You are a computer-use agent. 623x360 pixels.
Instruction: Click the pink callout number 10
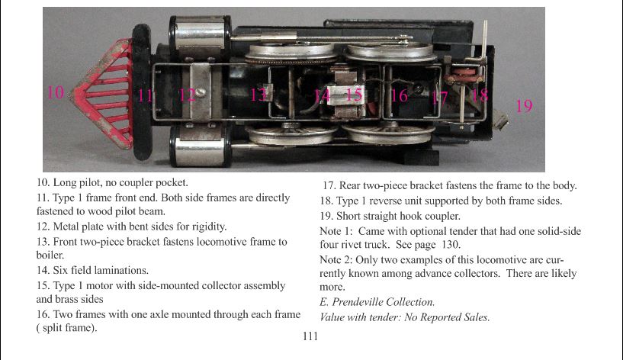(x=56, y=92)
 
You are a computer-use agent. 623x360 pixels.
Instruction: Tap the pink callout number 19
(x=524, y=106)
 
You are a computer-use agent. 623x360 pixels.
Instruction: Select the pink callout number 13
(x=259, y=95)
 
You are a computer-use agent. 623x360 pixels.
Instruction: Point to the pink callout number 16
(x=399, y=96)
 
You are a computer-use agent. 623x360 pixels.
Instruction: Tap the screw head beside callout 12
(x=201, y=92)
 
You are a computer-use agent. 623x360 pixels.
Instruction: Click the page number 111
(x=310, y=336)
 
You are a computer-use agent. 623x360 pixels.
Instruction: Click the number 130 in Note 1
(x=450, y=244)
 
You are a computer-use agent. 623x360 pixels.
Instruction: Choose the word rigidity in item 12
(x=209, y=227)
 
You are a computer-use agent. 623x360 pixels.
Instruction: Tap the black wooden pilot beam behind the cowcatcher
(x=142, y=92)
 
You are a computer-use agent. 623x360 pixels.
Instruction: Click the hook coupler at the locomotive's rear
(x=500, y=119)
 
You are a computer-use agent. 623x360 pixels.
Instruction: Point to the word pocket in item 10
(x=171, y=183)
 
